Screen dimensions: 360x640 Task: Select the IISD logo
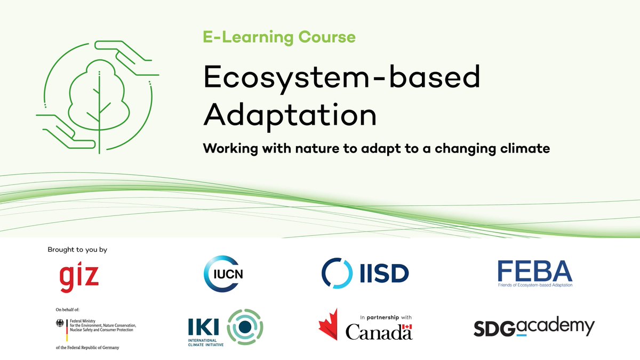(365, 273)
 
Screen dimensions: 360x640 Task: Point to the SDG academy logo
(534, 327)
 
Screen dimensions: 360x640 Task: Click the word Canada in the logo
(379, 332)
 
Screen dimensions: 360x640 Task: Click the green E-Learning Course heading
(278, 37)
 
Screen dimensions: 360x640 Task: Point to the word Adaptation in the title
(290, 113)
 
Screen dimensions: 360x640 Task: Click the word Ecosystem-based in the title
(341, 78)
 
